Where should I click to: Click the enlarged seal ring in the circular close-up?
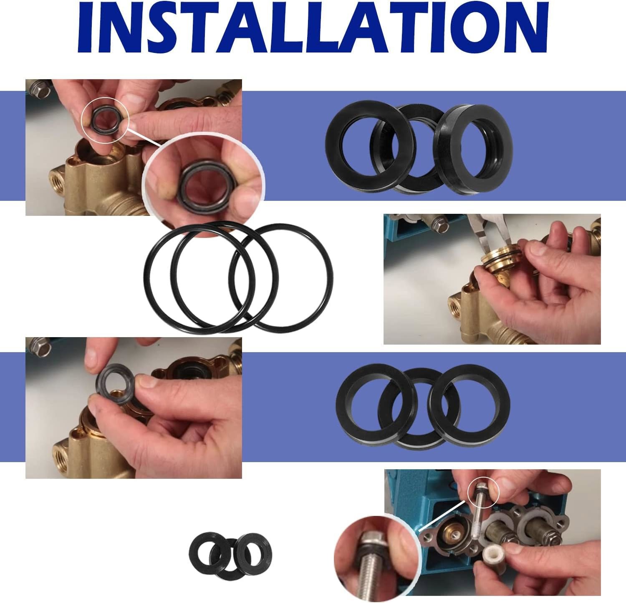[x=200, y=180]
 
